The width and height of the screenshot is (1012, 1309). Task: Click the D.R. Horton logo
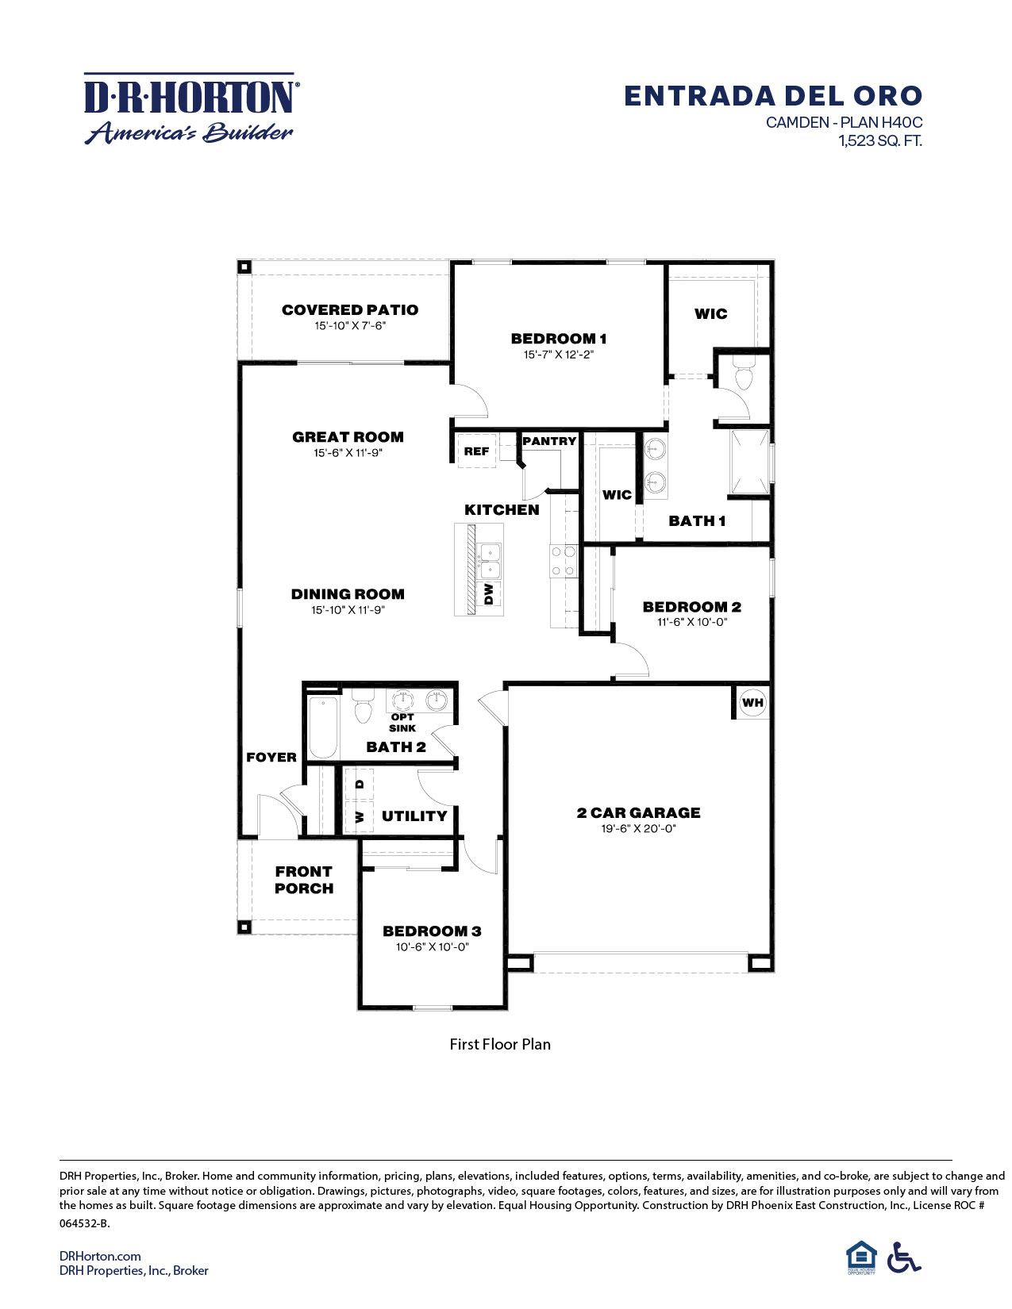coord(190,109)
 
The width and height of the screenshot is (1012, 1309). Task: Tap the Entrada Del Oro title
coord(772,96)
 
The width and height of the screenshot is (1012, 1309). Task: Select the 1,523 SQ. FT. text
coord(880,141)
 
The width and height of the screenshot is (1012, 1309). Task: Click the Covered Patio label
coord(349,310)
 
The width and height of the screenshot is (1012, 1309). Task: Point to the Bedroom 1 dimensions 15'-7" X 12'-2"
coord(558,355)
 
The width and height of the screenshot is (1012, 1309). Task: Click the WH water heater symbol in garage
coord(752,702)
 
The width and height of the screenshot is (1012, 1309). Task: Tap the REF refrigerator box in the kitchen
coord(476,451)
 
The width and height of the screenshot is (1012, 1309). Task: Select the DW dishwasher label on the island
coord(489,593)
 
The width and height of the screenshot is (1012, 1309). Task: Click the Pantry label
coord(549,441)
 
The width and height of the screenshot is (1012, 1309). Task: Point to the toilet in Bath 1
coord(744,375)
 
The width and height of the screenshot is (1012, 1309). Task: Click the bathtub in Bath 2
coord(323,727)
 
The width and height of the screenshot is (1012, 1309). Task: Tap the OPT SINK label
coord(402,722)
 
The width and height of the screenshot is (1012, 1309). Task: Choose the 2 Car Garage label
coord(638,812)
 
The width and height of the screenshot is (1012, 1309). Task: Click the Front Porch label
coord(304,880)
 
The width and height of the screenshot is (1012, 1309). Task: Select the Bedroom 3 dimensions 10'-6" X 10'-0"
coord(433,946)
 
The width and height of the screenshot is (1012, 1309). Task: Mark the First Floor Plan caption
coord(500,1044)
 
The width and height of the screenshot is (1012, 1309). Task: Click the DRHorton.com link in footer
coord(100,1256)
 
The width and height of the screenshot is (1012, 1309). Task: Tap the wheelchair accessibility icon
coord(903,1257)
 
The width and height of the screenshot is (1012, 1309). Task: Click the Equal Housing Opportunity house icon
coord(861,1257)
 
